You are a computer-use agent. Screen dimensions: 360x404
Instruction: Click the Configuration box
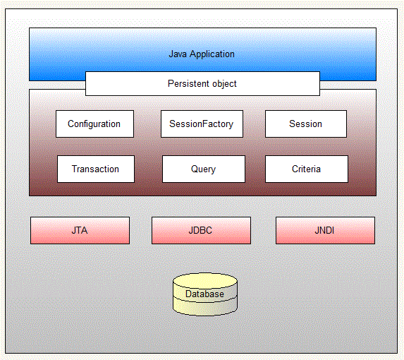94,124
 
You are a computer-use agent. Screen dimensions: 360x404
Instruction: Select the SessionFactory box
202,124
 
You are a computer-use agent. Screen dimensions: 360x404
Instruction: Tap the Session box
305,124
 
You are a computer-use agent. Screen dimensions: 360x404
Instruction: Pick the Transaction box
95,169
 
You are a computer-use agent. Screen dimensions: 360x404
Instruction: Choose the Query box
203,169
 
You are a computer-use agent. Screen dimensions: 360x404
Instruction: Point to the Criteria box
306,169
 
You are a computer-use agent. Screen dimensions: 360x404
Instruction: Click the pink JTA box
80,230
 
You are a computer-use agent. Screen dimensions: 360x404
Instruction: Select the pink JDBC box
201,230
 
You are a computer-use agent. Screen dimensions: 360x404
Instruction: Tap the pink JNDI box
325,230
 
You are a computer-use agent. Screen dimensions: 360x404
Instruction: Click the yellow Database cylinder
205,295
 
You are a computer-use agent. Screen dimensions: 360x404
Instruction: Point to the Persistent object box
202,83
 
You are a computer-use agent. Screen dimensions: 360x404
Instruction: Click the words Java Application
202,54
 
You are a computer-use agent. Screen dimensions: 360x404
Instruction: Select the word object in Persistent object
224,83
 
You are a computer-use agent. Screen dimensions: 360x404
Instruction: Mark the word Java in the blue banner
178,54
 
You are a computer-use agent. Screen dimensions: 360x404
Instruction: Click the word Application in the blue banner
212,54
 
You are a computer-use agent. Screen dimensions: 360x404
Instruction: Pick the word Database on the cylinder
204,294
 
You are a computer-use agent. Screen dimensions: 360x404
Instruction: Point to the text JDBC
201,230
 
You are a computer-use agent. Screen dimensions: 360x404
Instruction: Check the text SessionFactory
202,124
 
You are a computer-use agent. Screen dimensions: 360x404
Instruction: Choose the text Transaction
95,169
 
